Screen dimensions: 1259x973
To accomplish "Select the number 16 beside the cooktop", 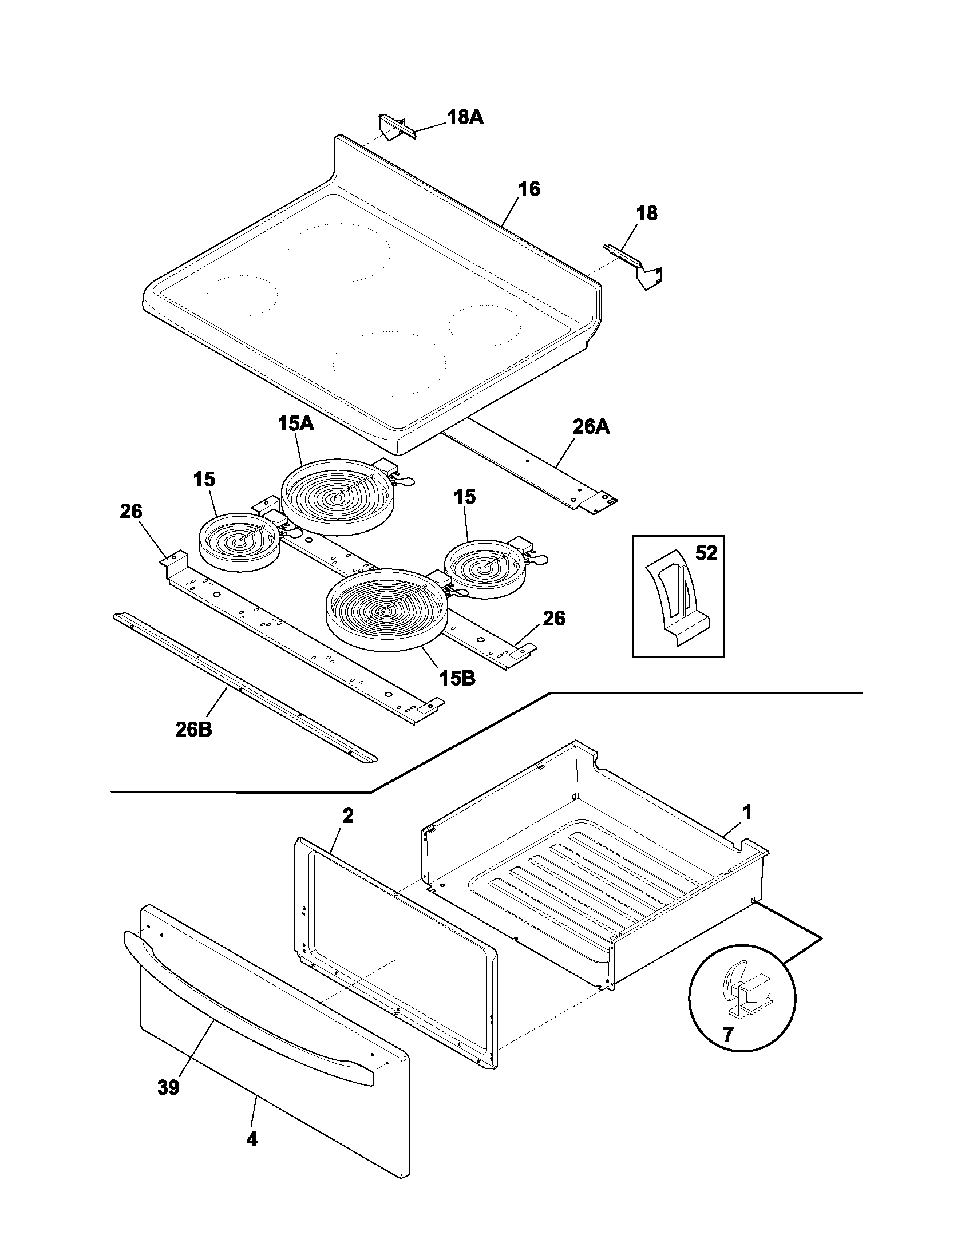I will point(529,189).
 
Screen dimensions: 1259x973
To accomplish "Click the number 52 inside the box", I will point(706,553).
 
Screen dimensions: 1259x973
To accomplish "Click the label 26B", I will point(193,730).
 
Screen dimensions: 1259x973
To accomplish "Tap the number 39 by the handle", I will point(168,1087).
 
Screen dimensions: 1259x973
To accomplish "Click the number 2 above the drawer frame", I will point(347,815).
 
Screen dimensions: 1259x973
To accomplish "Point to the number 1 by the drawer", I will point(746,813).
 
